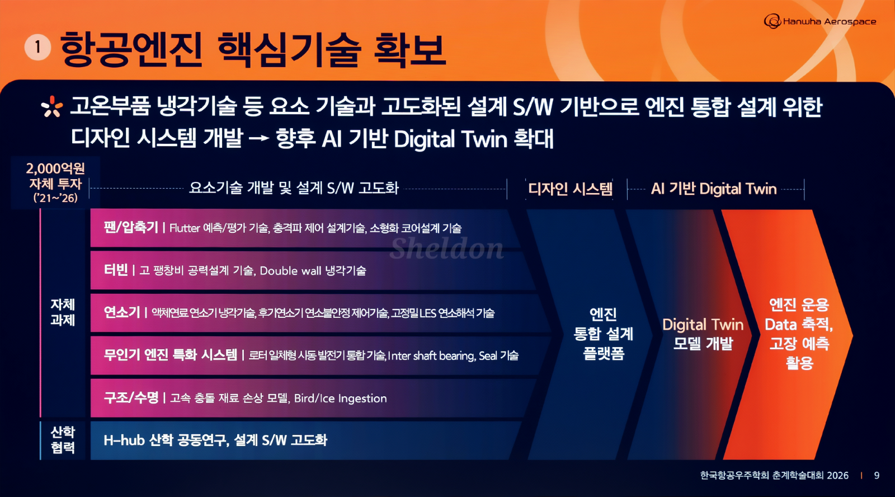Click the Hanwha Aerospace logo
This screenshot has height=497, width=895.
(x=820, y=21)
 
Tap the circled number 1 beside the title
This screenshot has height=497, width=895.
(x=37, y=47)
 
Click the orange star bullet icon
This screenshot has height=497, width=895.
(x=52, y=106)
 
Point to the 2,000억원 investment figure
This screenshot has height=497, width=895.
(x=55, y=168)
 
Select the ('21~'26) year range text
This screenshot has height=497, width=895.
(x=55, y=198)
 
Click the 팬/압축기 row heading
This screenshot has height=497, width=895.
(x=131, y=227)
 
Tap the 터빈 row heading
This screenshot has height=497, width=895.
(x=116, y=270)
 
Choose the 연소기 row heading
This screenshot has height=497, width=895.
(x=122, y=312)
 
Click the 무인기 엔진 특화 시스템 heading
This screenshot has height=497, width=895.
(x=171, y=355)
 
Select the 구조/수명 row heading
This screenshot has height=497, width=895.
(x=131, y=397)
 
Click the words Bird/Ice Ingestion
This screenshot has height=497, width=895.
(x=341, y=398)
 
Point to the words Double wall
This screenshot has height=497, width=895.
(x=290, y=271)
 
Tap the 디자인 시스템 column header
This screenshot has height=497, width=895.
(x=570, y=188)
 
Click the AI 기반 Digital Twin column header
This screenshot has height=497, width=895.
(x=714, y=189)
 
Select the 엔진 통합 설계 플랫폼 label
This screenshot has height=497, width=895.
(x=604, y=334)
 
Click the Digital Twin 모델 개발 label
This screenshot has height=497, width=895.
(x=703, y=334)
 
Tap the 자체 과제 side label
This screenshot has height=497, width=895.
(x=63, y=312)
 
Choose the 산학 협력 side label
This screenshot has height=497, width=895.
(x=63, y=440)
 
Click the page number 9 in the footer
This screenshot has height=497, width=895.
(x=877, y=475)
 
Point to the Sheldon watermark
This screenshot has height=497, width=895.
(x=446, y=248)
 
